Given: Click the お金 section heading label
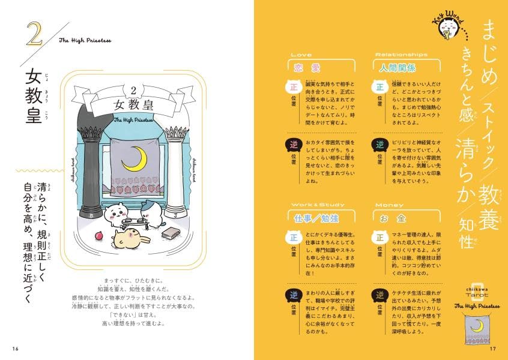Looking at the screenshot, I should point(390,218).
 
